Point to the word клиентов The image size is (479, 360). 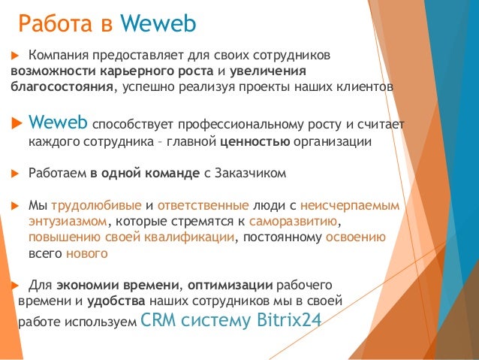click(366, 86)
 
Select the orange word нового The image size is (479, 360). click(87, 254)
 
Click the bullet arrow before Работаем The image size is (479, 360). click(14, 174)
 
